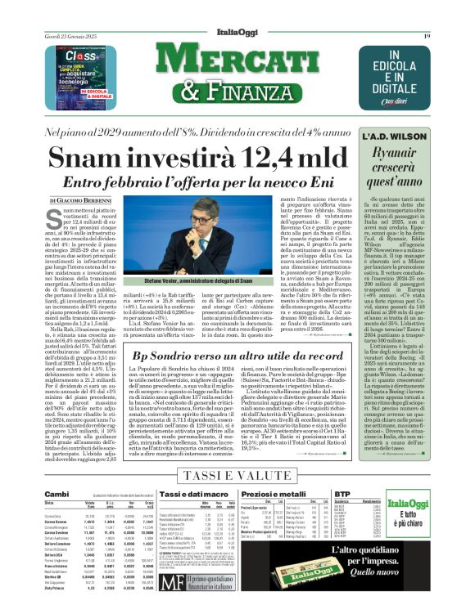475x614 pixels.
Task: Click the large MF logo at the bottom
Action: pos(171,582)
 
